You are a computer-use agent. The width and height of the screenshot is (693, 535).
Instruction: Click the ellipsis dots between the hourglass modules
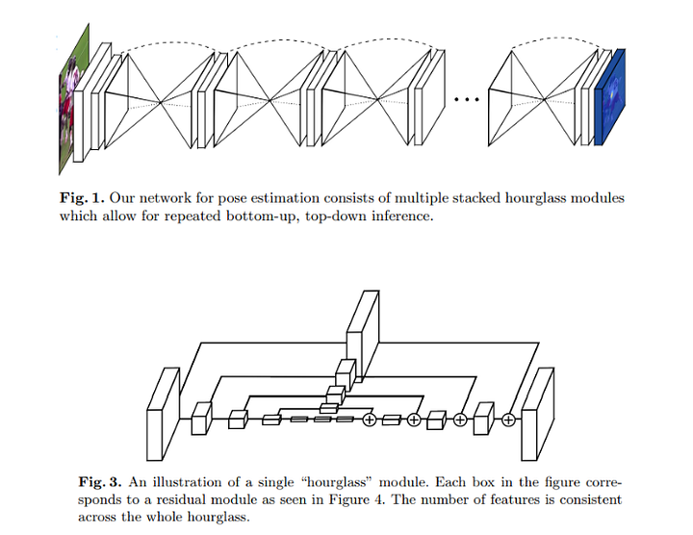(x=467, y=100)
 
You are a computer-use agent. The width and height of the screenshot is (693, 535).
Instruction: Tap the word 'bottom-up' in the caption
(x=289, y=217)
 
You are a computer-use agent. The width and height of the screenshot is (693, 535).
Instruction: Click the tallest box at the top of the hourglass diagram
(x=361, y=322)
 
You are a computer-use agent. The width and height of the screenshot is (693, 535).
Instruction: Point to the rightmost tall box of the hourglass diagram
(x=537, y=408)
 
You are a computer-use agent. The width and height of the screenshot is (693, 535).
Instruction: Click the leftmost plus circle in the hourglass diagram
(x=369, y=420)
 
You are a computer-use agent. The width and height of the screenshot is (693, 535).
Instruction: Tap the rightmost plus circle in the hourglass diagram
(x=507, y=420)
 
